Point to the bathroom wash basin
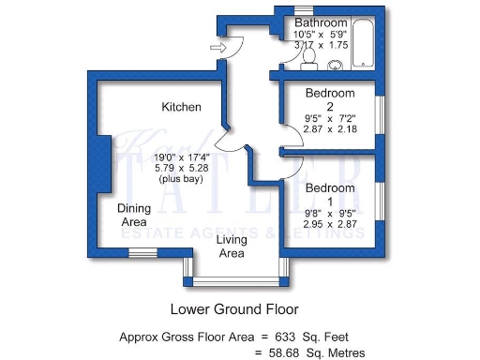coord(335,65)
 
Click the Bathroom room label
coord(321,22)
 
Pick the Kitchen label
coord(181,107)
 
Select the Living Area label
coord(232,247)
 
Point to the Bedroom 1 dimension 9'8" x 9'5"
coord(330,212)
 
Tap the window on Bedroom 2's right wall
coord(380,117)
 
